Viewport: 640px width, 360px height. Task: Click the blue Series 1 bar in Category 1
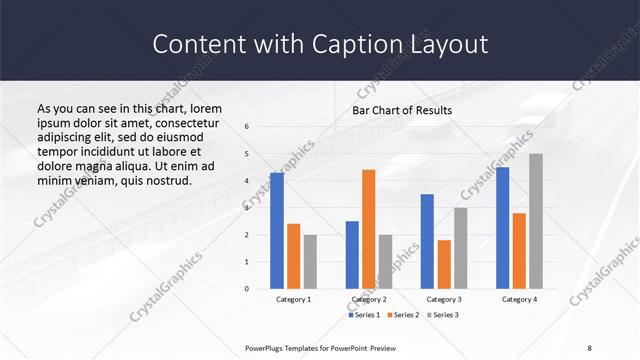[x=277, y=231]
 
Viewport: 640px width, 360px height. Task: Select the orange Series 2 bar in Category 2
[x=368, y=229]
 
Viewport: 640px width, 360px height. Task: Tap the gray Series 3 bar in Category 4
[x=536, y=221]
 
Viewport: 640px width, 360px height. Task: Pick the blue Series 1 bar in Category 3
[x=427, y=241]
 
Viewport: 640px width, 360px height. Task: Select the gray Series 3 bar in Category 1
[x=310, y=262]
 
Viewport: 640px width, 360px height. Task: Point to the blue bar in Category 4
[x=502, y=228]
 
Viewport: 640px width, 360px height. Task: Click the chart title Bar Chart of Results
[x=402, y=110]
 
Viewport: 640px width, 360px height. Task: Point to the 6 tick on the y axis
[x=247, y=127]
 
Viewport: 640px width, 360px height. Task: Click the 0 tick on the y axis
[x=247, y=289]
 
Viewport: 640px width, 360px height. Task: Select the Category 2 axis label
[x=368, y=299]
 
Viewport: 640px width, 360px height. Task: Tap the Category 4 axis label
[x=519, y=299]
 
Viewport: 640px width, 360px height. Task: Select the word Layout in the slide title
[x=449, y=44]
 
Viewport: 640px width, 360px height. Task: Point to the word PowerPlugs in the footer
[x=267, y=349]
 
